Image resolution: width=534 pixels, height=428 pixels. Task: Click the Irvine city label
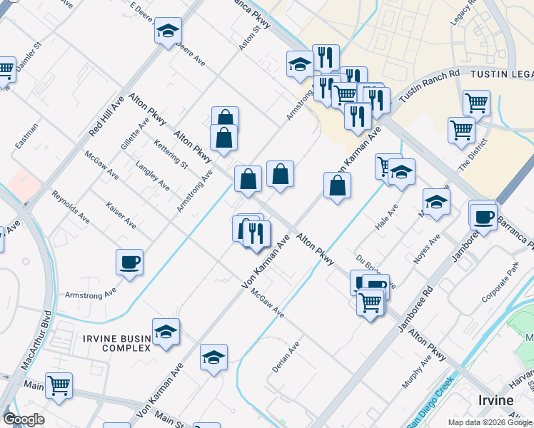(495, 400)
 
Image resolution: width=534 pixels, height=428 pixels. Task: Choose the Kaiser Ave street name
(121, 214)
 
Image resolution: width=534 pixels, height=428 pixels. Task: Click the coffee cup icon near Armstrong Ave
(129, 263)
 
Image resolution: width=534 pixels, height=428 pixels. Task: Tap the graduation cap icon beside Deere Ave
(168, 31)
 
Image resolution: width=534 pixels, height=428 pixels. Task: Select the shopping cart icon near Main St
(59, 385)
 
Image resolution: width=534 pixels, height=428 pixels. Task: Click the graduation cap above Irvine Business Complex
(166, 332)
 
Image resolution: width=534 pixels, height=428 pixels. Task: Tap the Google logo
(24, 419)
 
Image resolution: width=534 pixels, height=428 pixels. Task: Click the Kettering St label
(171, 153)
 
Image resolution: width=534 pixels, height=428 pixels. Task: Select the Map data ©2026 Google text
(490, 422)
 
